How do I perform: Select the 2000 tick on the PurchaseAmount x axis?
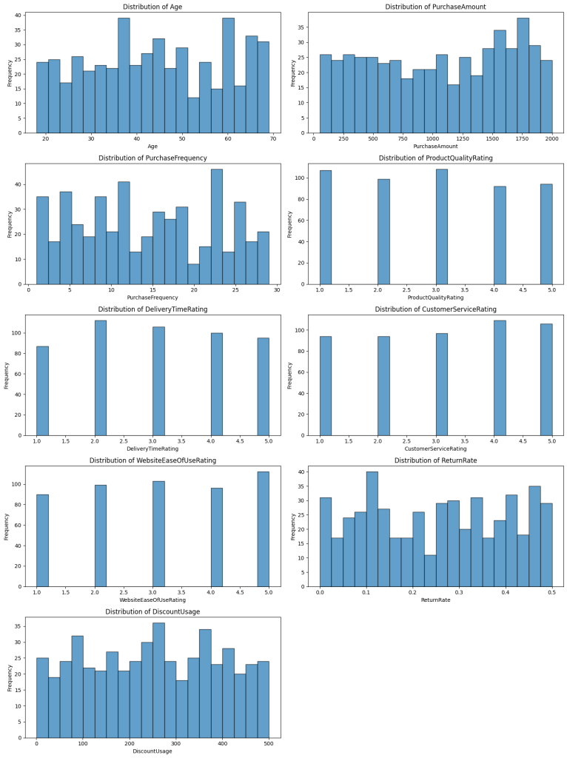[551, 139]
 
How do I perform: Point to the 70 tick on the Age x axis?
[273, 139]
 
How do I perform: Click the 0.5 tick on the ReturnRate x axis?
[551, 592]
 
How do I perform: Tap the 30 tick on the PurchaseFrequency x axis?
[276, 290]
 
